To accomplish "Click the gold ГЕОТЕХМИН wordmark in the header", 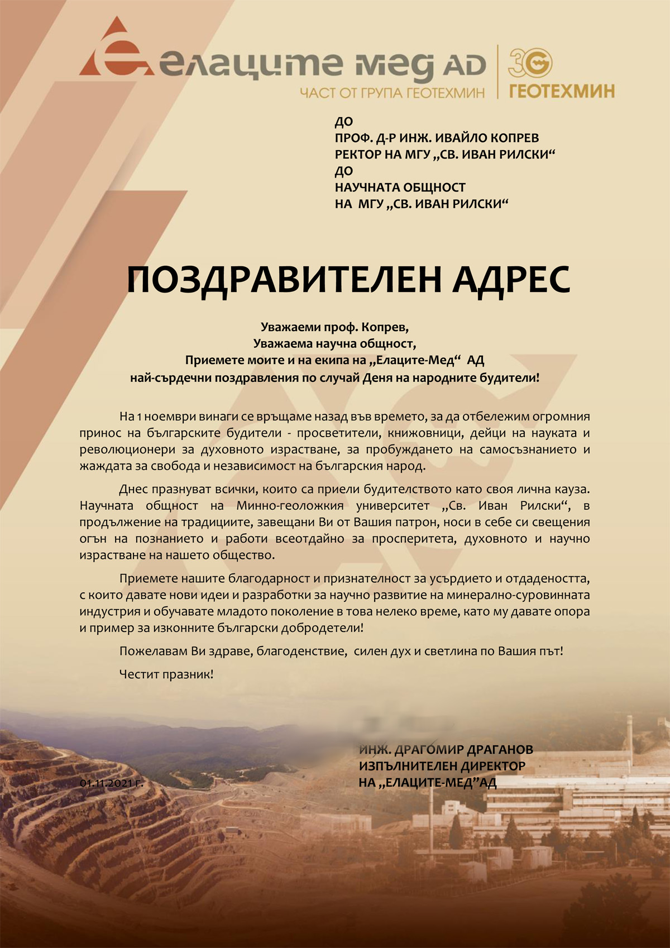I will coord(562,91).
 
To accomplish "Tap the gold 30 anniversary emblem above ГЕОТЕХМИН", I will coord(530,62).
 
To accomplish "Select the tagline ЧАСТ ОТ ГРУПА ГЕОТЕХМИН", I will coord(392,93).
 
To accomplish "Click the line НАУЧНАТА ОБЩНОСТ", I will coord(400,188).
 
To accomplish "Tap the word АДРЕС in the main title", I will coord(511,280).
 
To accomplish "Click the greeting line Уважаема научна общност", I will coord(335,343).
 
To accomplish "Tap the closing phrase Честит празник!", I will coord(166,674).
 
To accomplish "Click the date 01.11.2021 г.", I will coord(112,783).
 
